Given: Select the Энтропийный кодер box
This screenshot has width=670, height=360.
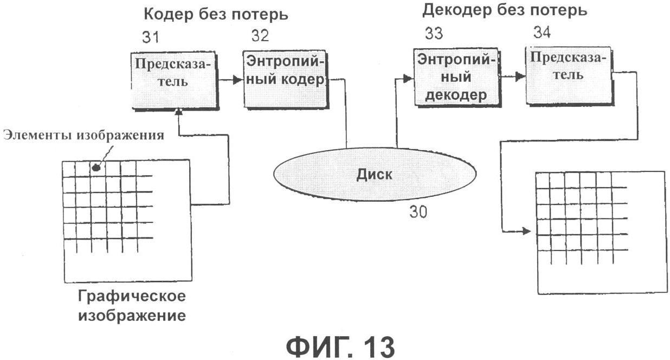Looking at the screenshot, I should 286,78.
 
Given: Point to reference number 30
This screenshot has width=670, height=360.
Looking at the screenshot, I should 417,213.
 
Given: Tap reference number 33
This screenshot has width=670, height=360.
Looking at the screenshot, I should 433,34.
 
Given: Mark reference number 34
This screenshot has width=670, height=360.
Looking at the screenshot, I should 542,33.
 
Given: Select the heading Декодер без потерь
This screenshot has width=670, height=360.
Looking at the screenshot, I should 504,10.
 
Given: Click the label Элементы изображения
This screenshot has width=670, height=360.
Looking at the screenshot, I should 83,136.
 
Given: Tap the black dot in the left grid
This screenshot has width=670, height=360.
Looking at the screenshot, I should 97,168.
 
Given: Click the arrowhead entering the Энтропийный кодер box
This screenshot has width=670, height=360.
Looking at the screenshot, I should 237,80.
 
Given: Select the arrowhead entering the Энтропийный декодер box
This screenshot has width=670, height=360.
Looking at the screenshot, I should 408,79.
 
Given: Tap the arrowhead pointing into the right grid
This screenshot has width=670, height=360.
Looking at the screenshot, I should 527,232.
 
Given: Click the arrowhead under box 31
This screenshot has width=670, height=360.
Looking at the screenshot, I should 178,112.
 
